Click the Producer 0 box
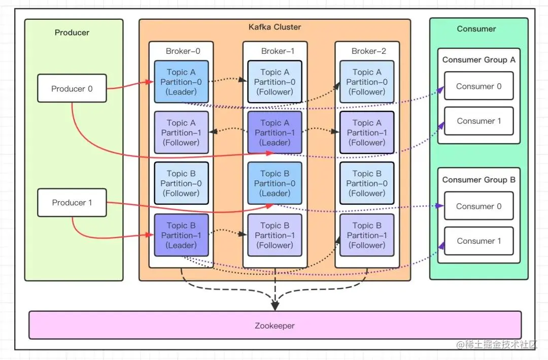(72, 88)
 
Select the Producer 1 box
(72, 203)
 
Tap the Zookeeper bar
(275, 325)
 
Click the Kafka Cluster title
(275, 27)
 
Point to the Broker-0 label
(183, 51)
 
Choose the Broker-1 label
(278, 51)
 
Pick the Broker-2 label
(369, 51)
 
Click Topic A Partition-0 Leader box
(181, 82)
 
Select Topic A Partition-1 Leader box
(275, 133)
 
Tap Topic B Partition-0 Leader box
(275, 183)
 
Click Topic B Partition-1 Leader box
(181, 235)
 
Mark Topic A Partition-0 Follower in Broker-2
(367, 82)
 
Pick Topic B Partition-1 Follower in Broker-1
(275, 235)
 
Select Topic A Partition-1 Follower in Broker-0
(181, 133)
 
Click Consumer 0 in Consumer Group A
(479, 86)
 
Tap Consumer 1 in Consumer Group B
(479, 241)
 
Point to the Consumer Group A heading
(479, 60)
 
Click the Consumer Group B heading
(479, 180)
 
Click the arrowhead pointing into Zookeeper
(275, 306)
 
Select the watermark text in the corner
(497, 345)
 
